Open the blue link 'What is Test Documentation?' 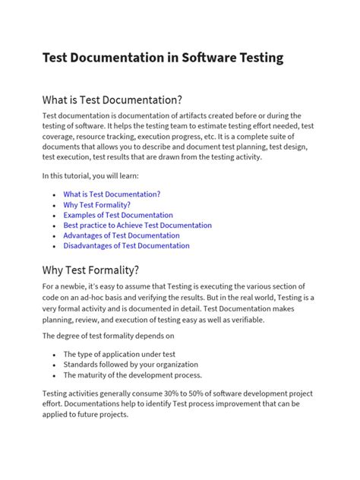(x=112, y=194)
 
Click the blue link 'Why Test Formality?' (x=96, y=205)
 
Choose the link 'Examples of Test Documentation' (x=118, y=215)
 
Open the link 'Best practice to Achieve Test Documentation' (x=137, y=226)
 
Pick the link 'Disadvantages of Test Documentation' (x=126, y=246)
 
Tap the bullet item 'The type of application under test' (x=121, y=354)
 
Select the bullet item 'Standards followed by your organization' (x=130, y=365)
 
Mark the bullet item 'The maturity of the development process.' (x=132, y=375)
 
